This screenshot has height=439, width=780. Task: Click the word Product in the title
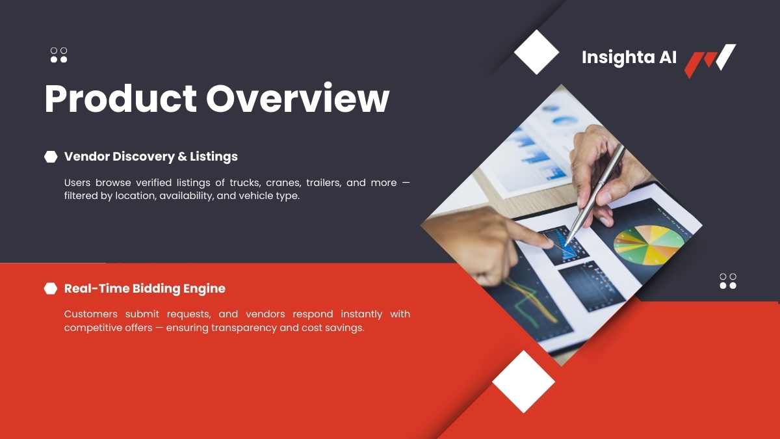(120, 98)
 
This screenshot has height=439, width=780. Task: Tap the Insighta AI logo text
(629, 57)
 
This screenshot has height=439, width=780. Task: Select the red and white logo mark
(710, 60)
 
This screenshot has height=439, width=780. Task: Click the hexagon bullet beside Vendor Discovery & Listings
(51, 157)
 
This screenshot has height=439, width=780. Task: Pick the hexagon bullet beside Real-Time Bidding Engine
(51, 289)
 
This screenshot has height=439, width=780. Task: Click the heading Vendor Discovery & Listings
(151, 157)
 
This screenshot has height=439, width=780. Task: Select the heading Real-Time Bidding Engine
(145, 289)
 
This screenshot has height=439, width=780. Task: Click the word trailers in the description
(324, 183)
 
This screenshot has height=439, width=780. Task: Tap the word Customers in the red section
(91, 314)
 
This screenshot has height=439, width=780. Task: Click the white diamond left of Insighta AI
(537, 52)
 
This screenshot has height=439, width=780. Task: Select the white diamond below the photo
(523, 382)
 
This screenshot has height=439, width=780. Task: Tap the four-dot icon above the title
(59, 55)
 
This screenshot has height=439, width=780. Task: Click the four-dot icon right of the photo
(728, 281)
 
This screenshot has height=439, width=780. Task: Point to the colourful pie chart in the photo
(649, 245)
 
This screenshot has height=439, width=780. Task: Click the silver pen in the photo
(594, 196)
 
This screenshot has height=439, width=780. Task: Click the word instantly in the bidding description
(361, 314)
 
